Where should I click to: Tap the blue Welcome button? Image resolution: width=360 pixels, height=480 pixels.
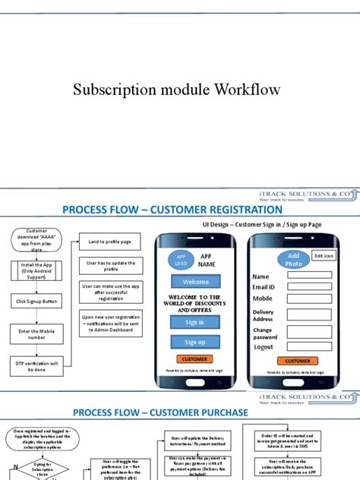pyautogui.click(x=195, y=282)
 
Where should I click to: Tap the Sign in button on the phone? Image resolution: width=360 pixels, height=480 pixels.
pyautogui.click(x=195, y=322)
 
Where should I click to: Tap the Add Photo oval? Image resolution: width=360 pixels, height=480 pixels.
pyautogui.click(x=294, y=260)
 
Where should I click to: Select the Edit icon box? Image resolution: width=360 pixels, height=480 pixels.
pyautogui.click(x=324, y=256)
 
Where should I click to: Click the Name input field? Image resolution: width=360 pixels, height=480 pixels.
pyautogui.click(x=309, y=276)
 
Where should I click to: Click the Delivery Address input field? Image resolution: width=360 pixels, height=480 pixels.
pyautogui.click(x=309, y=314)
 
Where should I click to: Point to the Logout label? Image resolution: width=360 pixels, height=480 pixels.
pyautogui.click(x=264, y=346)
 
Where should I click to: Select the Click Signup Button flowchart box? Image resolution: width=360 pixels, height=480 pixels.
pyautogui.click(x=36, y=302)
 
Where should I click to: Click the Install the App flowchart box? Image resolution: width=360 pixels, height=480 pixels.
pyautogui.click(x=36, y=270)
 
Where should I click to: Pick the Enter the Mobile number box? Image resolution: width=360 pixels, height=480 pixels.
pyautogui.click(x=36, y=333)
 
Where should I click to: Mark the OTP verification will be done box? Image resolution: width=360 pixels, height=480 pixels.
pyautogui.click(x=36, y=365)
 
